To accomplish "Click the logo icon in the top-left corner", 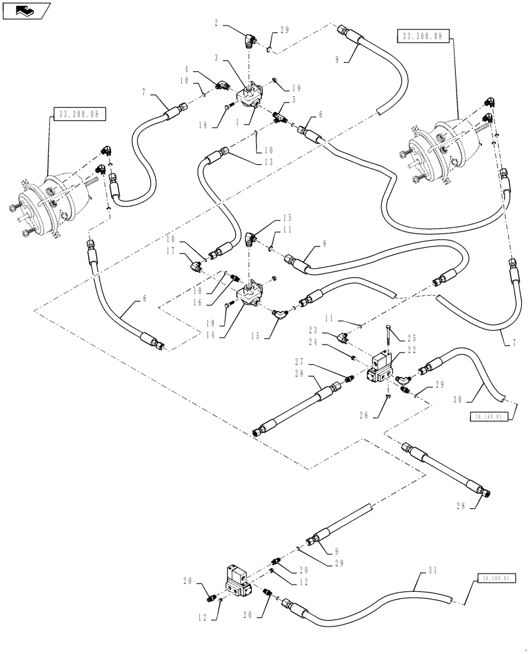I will pos(26,9).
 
